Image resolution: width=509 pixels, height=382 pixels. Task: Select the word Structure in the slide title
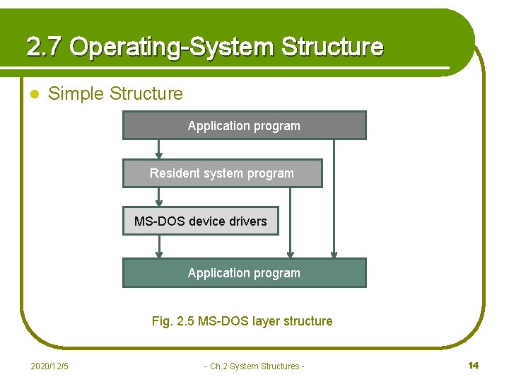pyautogui.click(x=332, y=47)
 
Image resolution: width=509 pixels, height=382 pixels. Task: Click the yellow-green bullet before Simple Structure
pyautogui.click(x=33, y=94)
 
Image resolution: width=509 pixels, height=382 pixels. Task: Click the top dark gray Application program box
pyautogui.click(x=244, y=126)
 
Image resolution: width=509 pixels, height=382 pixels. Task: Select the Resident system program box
pyautogui.click(x=222, y=173)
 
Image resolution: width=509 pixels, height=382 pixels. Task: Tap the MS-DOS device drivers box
pyautogui.click(x=200, y=221)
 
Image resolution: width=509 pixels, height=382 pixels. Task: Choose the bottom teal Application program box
pyautogui.click(x=244, y=273)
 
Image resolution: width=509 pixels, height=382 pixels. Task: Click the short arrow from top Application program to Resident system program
pyautogui.click(x=159, y=149)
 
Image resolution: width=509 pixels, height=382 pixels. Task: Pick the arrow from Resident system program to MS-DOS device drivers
pyautogui.click(x=159, y=197)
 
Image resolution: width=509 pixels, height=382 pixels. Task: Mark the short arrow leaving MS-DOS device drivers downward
pyautogui.click(x=159, y=246)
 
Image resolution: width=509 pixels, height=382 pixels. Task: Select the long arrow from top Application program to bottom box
pyautogui.click(x=334, y=199)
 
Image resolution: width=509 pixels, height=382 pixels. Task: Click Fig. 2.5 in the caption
pyautogui.click(x=173, y=321)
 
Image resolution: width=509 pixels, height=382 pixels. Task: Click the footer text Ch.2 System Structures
pyautogui.click(x=255, y=366)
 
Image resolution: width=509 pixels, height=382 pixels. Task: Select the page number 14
pyautogui.click(x=474, y=365)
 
